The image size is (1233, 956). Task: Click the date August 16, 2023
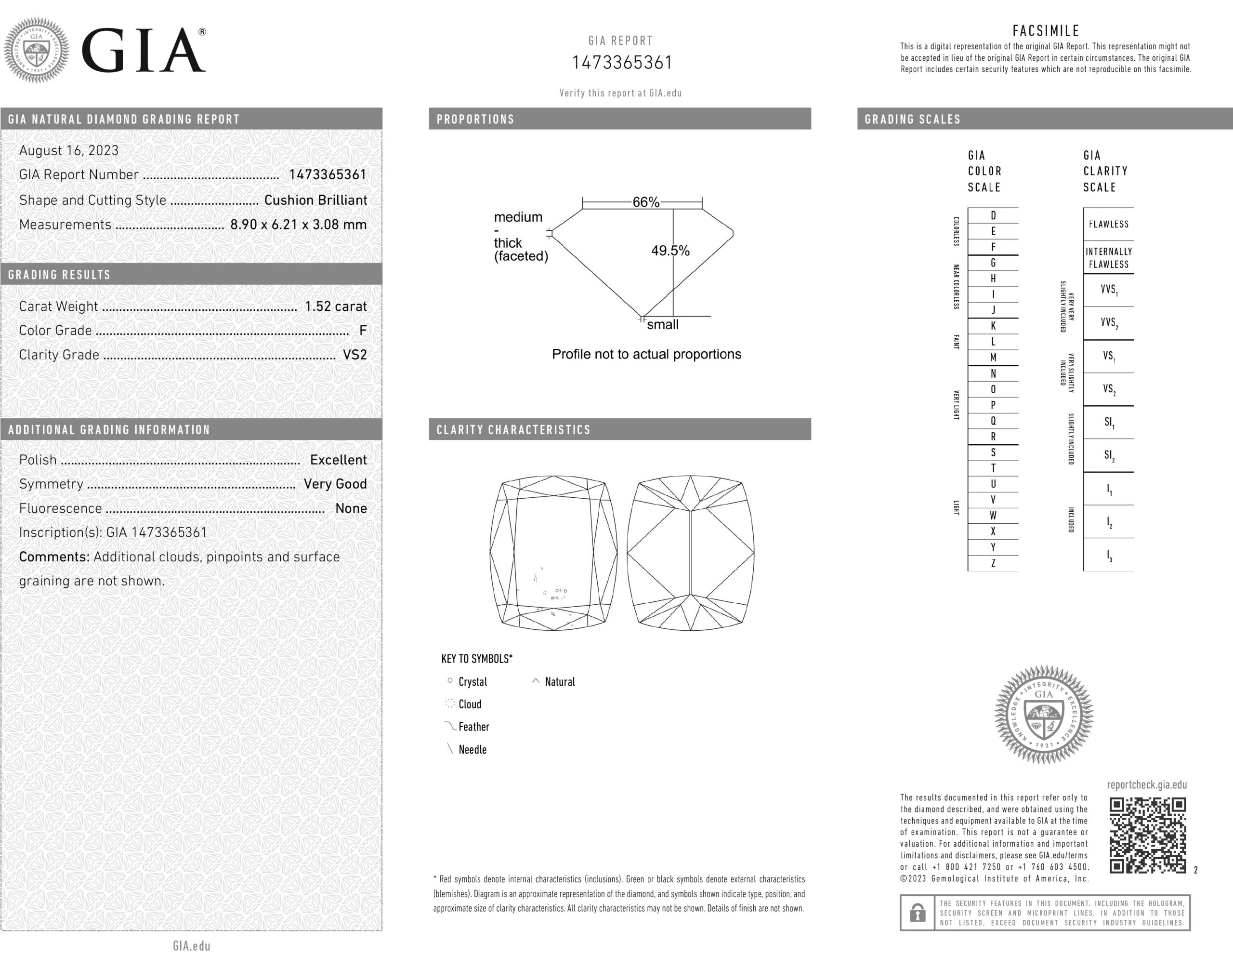pos(69,151)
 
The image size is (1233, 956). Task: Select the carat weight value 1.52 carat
pos(335,306)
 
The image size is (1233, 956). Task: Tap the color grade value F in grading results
pos(363,331)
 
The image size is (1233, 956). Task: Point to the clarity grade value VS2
pos(354,355)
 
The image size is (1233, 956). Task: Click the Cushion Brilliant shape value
pos(315,200)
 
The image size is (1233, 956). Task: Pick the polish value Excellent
pos(338,460)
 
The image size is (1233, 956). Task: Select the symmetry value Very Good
pos(335,484)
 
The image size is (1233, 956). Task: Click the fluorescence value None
pos(351,509)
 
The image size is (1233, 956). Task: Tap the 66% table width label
pos(645,202)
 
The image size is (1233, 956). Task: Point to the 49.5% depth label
pos(670,251)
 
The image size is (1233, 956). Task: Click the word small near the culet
pos(662,325)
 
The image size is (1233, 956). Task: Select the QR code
pos(1147,835)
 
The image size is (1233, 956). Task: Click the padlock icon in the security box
pos(918,913)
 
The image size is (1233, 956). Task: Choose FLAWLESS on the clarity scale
pos(1108,224)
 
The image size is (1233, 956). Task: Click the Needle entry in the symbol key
pos(472,750)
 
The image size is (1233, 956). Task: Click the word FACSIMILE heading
pos(1046,31)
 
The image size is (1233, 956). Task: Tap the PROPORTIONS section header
pos(475,119)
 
